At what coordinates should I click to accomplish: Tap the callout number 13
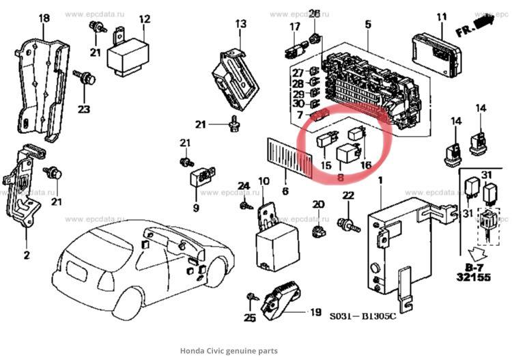click(241, 24)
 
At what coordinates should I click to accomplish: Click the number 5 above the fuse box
click(368, 25)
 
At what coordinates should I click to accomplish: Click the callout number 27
click(298, 73)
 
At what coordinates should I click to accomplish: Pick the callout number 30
click(298, 104)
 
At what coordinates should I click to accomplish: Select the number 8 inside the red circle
click(340, 176)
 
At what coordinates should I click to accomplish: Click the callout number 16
click(366, 165)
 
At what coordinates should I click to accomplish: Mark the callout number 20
click(317, 204)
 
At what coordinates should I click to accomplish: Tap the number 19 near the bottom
click(315, 312)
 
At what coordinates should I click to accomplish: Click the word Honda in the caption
click(193, 350)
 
